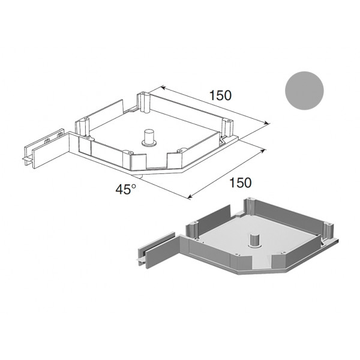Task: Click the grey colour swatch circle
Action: [x=304, y=91]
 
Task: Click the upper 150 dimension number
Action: [x=220, y=95]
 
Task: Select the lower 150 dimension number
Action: [x=241, y=183]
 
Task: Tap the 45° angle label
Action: [x=126, y=190]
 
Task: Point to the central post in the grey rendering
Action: [x=254, y=241]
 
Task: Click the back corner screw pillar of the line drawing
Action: [x=143, y=103]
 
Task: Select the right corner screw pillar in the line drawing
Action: [x=227, y=128]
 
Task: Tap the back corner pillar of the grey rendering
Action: [x=250, y=206]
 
